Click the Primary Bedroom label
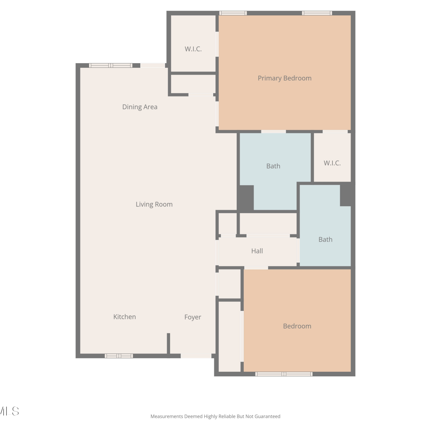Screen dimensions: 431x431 [x=284, y=78]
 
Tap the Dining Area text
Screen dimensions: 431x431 [x=140, y=107]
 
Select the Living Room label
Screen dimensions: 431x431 [x=154, y=204]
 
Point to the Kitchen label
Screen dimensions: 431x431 [x=124, y=317]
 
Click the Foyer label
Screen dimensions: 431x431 [x=193, y=317]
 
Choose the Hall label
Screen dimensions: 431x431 [x=257, y=251]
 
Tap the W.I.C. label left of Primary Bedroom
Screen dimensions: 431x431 [x=193, y=49]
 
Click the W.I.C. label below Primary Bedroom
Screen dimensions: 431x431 [x=332, y=163]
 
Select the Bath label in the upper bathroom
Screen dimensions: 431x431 [x=273, y=166]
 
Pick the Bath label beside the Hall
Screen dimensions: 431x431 [x=325, y=239]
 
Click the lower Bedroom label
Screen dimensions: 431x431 [x=297, y=326]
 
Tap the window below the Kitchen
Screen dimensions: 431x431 [x=119, y=356]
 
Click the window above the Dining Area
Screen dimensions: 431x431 [x=111, y=66]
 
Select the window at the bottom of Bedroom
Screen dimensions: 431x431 [x=284, y=374]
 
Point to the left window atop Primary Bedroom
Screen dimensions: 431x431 [x=233, y=13]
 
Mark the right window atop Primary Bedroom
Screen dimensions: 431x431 [x=317, y=13]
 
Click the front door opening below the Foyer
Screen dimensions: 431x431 [x=196, y=356]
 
